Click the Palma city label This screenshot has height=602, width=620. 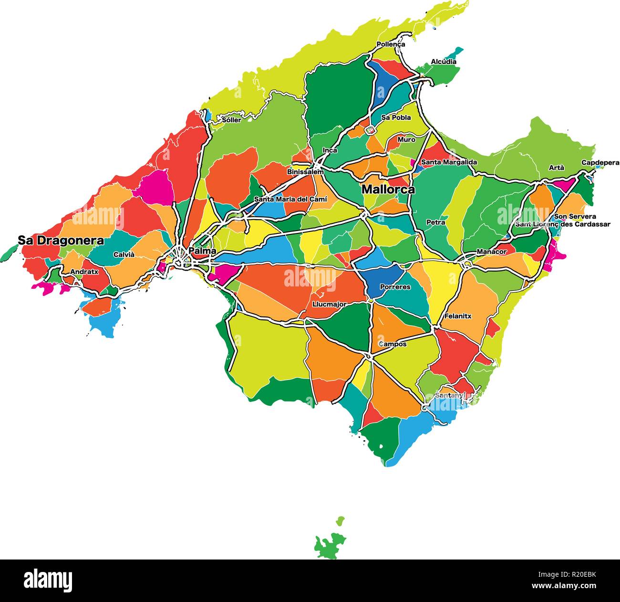202,251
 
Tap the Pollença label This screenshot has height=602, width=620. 391,44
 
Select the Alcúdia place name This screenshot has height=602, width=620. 444,62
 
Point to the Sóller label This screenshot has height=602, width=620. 231,120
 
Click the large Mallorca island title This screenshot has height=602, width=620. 388,189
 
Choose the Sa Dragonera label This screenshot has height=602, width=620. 61,241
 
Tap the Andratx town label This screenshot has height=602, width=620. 84,272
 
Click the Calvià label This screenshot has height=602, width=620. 124,254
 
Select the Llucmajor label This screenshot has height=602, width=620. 329,304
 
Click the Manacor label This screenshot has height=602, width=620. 491,252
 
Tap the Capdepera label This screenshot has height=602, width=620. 599,163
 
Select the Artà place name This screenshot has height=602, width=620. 556,168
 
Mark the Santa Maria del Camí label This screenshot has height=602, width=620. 290,199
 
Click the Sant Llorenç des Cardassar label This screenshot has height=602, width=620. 562,224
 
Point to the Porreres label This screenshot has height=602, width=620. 395,287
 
